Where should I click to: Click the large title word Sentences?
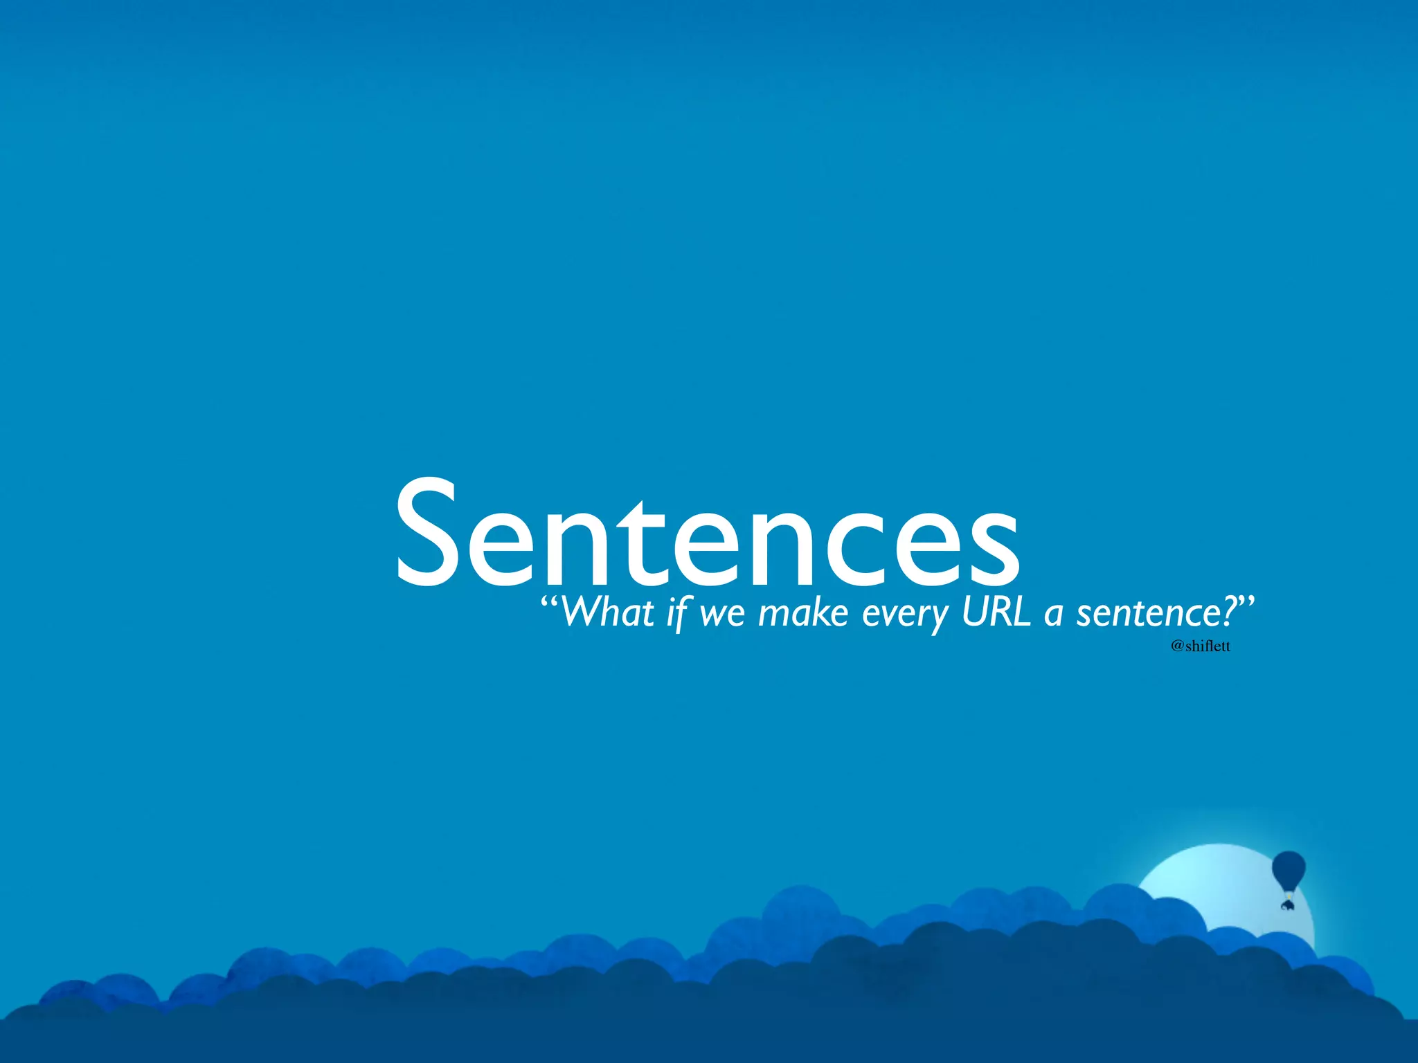coord(707,533)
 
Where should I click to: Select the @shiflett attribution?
coord(1201,646)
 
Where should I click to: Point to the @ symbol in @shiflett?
coord(1177,646)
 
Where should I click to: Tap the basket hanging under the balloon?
coord(1287,904)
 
